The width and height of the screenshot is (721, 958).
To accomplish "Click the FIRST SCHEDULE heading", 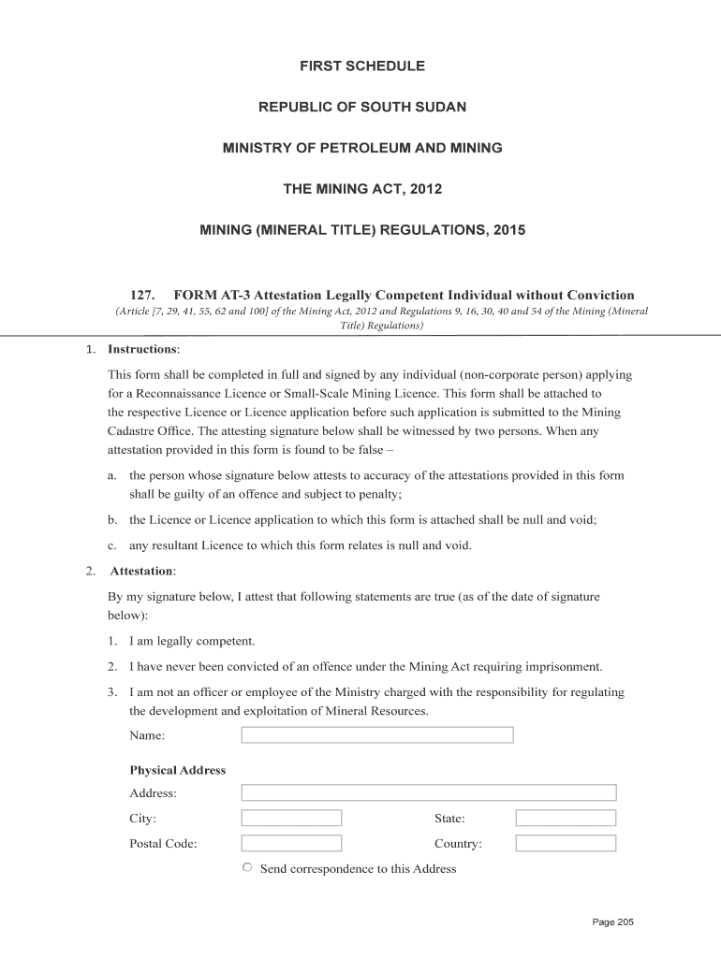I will (x=361, y=66).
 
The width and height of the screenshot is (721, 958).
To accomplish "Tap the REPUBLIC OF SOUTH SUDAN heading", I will (x=361, y=108).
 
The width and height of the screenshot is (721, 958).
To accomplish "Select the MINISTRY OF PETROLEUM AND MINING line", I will (x=361, y=149).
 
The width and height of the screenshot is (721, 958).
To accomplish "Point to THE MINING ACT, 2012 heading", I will (x=361, y=190).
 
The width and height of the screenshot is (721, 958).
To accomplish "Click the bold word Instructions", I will (x=142, y=349).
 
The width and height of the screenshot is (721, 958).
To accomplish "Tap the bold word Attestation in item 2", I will (x=142, y=571).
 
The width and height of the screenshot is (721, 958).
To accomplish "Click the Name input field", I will (x=377, y=735).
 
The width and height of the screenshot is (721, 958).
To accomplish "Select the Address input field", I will (x=429, y=792).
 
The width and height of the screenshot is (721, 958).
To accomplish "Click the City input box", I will (x=291, y=818).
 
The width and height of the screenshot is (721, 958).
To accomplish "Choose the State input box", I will (x=566, y=818).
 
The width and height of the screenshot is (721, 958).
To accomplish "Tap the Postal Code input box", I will (x=291, y=843).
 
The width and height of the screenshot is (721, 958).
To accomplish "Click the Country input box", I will (x=566, y=843).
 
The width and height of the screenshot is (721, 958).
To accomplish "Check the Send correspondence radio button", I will (x=247, y=867).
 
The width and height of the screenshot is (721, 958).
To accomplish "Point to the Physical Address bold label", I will (x=178, y=770).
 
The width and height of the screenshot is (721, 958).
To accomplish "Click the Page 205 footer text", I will (x=613, y=922).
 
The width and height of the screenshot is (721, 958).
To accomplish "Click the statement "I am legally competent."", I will (x=192, y=641).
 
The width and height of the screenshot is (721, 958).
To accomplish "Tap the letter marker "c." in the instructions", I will (x=111, y=545).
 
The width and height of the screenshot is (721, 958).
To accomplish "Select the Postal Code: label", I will (x=163, y=844).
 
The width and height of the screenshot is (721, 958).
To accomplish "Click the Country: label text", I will (x=458, y=844).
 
